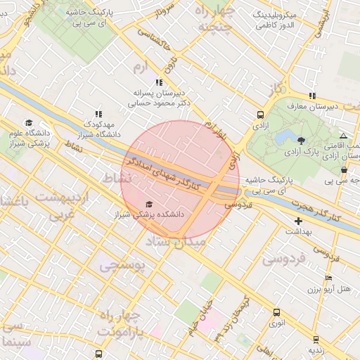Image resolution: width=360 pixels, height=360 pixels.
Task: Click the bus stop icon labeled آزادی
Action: tap(261, 115)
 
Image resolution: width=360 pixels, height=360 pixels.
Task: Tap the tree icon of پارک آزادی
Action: tap(302, 141)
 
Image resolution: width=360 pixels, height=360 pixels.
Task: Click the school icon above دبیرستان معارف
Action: tap(311, 96)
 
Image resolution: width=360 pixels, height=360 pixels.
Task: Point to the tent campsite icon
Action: tap(342, 136)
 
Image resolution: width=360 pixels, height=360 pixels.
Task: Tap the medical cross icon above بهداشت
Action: tap(299, 221)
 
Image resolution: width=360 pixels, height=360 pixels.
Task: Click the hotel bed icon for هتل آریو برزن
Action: tap(328, 278)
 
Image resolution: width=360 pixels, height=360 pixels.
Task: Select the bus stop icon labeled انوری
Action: tap(276, 312)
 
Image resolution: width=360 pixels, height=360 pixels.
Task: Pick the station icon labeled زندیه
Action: tap(314, 338)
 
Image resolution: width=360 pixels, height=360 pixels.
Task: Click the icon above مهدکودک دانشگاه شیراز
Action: tap(98, 113)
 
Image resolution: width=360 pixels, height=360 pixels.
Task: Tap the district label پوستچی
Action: tap(121, 266)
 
